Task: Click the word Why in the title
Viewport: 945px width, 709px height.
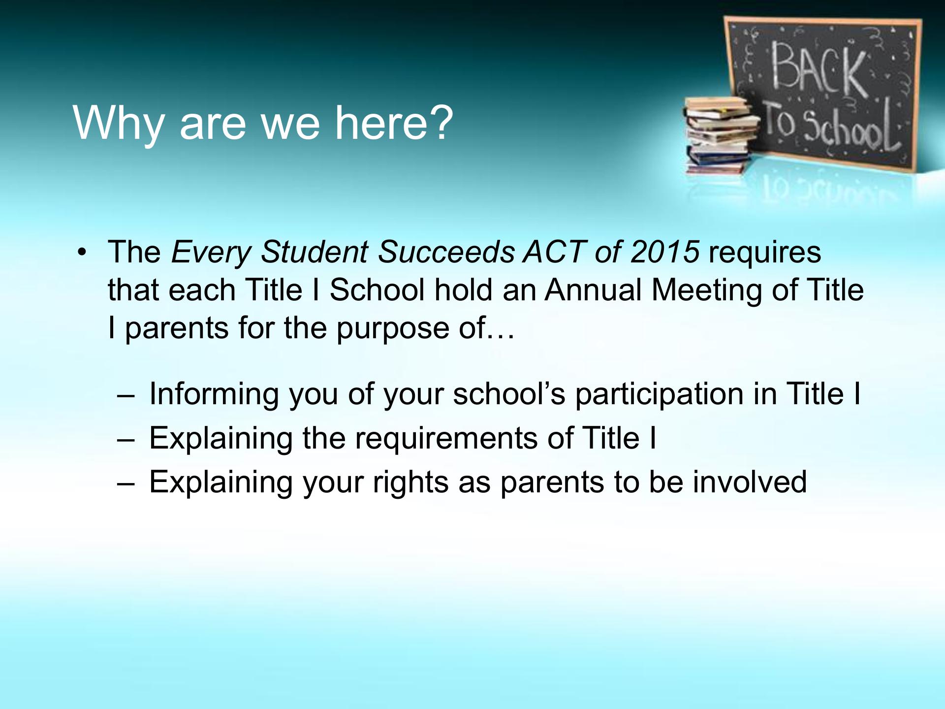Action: pos(119,123)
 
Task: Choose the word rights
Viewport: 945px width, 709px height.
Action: pos(411,483)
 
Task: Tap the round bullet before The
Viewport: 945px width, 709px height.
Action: pos(82,253)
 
